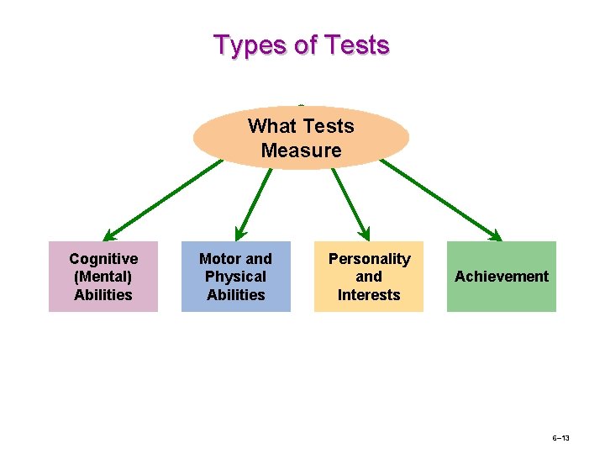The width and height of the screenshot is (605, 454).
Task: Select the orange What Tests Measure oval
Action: [301, 138]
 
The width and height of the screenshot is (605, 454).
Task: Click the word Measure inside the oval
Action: [301, 150]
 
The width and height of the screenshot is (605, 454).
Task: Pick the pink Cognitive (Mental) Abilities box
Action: [103, 277]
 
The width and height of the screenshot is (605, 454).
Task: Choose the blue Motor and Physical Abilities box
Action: [235, 277]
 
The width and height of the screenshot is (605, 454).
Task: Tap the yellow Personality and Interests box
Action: [369, 277]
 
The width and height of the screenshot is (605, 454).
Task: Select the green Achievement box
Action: [501, 277]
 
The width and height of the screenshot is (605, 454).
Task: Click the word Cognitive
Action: [103, 259]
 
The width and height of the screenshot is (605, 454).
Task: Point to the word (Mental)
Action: [103, 277]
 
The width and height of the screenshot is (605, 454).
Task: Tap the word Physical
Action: [235, 277]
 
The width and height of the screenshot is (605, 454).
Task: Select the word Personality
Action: [369, 259]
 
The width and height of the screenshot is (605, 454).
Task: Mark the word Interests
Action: [369, 294]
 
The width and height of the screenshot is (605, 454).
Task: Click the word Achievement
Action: [501, 277]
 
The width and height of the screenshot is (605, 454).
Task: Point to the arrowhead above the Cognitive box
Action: [109, 236]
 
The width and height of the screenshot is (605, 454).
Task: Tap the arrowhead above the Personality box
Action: [365, 234]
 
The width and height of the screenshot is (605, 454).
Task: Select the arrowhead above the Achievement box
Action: [497, 235]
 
